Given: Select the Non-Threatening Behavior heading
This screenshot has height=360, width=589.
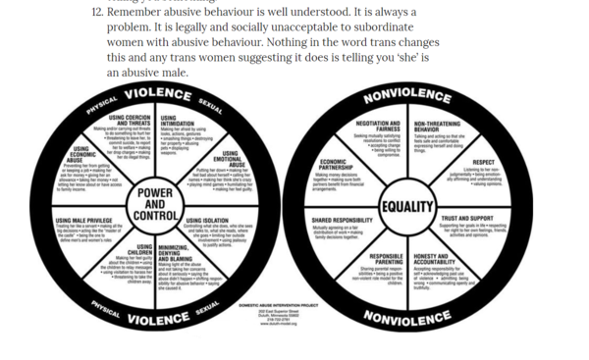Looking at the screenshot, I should pos(440,128).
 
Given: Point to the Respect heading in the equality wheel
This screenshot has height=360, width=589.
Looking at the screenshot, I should pos(483,162).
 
